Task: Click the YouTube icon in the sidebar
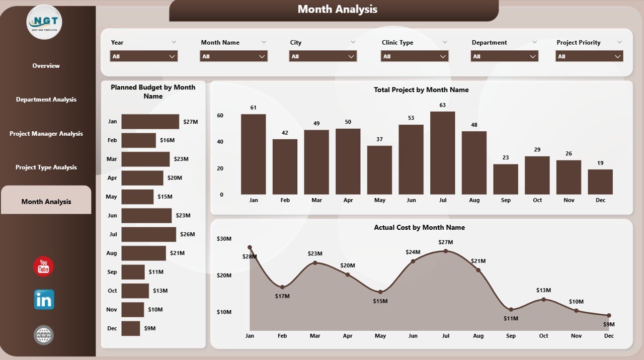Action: coord(44,266)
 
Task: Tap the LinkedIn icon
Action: coord(44,300)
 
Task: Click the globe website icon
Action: coord(44,335)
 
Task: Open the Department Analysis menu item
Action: coord(46,100)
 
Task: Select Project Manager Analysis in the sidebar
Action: coord(46,134)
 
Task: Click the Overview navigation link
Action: coord(46,66)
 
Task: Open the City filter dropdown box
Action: coord(323,56)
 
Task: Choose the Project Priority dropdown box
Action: coord(589,56)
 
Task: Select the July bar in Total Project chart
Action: coord(443,153)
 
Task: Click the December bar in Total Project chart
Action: coord(600,182)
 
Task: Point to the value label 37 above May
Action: coord(379,139)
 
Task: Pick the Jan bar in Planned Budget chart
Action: coord(150,122)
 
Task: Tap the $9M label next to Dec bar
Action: coord(150,328)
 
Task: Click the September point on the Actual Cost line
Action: coord(511,310)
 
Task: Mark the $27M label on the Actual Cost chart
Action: coord(445,242)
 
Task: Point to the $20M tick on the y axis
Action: coord(224,275)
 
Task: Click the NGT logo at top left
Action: coord(44,22)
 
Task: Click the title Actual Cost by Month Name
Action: coord(419,227)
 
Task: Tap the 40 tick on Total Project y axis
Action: coord(220,142)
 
